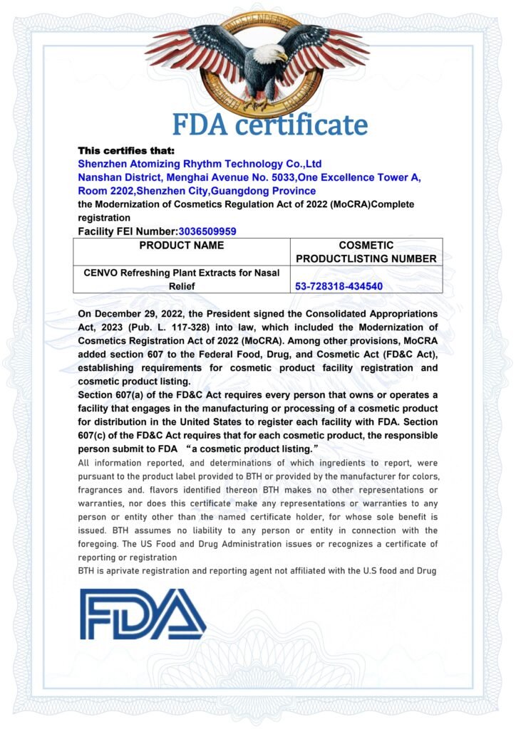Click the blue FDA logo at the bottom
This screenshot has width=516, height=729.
point(143,614)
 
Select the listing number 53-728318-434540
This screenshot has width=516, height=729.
point(339,286)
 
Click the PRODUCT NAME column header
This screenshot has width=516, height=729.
point(181,246)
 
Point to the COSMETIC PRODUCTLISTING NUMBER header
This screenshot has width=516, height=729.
point(366,251)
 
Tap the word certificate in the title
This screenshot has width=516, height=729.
point(302,125)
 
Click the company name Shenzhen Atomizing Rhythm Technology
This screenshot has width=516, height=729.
point(200,164)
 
